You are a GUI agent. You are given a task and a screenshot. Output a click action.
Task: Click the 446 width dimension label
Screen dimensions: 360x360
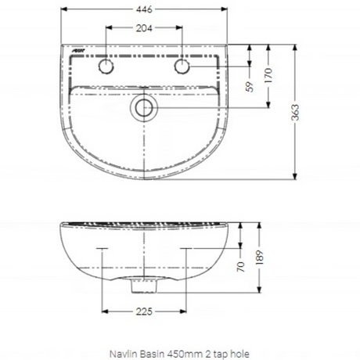[144, 9]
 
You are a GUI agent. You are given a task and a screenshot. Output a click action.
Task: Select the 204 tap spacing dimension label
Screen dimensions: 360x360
[144, 28]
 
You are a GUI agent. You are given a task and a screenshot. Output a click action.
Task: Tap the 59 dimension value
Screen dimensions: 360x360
[250, 87]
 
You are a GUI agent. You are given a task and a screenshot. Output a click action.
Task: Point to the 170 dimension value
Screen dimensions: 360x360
[268, 76]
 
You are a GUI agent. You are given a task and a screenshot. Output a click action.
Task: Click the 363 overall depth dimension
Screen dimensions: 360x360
[295, 113]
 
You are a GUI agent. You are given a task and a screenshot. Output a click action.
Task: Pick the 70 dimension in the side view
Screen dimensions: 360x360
[241, 267]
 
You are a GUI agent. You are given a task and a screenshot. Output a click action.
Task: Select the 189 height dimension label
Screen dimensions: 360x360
[259, 257]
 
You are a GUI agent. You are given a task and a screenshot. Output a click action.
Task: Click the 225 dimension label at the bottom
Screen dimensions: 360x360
[144, 311]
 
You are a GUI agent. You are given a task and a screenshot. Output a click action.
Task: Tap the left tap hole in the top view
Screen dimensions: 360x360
[106, 67]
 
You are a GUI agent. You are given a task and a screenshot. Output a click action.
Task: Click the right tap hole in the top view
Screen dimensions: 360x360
[182, 67]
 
